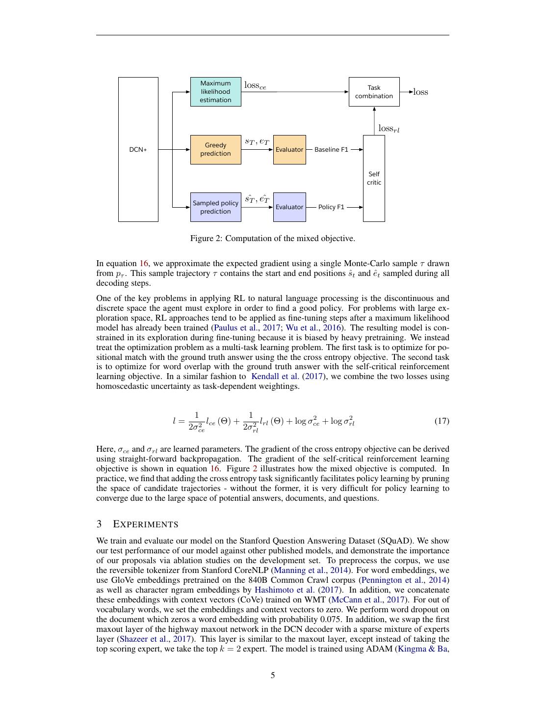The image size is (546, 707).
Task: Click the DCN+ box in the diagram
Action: click(x=138, y=149)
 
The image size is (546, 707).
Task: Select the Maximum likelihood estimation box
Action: click(x=215, y=92)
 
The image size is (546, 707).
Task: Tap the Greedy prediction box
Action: click(x=215, y=149)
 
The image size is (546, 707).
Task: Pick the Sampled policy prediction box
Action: click(x=215, y=207)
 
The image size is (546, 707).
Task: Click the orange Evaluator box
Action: click(x=289, y=149)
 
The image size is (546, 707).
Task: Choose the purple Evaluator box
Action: click(x=289, y=207)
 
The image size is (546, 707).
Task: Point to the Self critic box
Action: click(x=374, y=178)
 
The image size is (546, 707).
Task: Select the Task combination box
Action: click(x=374, y=92)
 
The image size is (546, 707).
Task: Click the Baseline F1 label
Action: click(x=331, y=149)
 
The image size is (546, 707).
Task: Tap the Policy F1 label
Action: click(x=331, y=207)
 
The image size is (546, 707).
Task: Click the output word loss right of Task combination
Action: click(x=420, y=92)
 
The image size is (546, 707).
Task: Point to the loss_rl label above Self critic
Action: click(x=389, y=129)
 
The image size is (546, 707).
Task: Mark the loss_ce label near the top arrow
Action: click(x=255, y=85)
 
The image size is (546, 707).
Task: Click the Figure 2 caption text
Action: click(x=272, y=239)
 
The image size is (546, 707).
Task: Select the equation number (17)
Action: click(x=442, y=421)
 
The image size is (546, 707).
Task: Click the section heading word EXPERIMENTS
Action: click(x=145, y=524)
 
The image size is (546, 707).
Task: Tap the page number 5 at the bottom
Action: click(x=273, y=675)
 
